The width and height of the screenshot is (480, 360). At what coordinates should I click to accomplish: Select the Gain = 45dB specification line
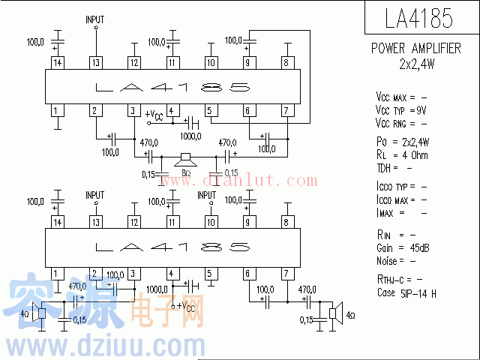[403, 248]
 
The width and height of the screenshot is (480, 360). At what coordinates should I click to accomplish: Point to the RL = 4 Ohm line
[402, 154]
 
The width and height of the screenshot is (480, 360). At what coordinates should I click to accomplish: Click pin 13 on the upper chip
[95, 63]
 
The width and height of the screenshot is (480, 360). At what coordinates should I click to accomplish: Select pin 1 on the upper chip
[57, 111]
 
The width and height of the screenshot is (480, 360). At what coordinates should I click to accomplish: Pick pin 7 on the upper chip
[286, 111]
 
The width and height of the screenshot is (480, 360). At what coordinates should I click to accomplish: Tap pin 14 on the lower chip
[57, 222]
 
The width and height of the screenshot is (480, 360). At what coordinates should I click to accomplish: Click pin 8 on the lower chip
[286, 222]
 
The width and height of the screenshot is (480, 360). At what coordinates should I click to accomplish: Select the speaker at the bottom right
[337, 313]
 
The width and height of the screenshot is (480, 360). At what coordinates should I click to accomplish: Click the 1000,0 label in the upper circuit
[190, 136]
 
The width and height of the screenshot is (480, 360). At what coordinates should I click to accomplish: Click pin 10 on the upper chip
[210, 63]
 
